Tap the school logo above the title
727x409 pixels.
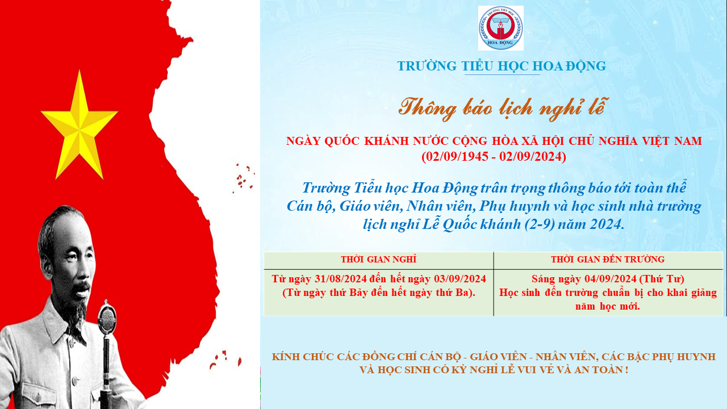click(501, 28)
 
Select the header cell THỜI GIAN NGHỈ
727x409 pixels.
click(378, 260)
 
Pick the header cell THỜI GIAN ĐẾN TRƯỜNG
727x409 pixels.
click(608, 260)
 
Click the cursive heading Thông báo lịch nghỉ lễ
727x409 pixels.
click(502, 108)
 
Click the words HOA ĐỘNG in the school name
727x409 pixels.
click(570, 66)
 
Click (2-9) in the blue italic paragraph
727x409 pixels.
click(540, 224)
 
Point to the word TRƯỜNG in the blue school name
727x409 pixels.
click(427, 66)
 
